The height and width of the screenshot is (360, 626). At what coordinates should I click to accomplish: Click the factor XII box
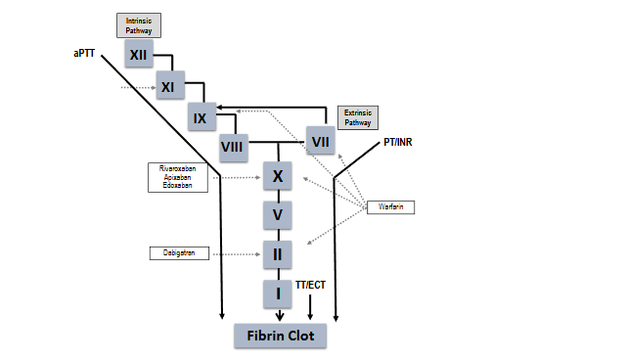[138, 54]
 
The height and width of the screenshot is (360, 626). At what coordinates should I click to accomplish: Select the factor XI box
[167, 86]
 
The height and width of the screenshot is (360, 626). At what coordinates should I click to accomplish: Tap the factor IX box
[201, 118]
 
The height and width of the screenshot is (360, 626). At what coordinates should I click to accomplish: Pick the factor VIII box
[232, 148]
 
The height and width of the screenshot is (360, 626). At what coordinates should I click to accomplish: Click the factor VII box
[320, 141]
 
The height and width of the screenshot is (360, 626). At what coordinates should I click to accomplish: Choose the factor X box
[278, 177]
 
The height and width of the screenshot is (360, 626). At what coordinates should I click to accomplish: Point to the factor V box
[278, 214]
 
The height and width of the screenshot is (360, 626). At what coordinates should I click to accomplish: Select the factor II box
[278, 252]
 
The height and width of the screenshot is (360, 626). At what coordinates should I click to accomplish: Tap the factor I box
[278, 292]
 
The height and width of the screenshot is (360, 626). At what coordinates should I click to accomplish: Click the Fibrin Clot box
[280, 336]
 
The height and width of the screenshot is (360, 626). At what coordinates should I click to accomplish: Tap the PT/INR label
[397, 143]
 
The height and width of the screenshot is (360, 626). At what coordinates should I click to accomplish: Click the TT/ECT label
[311, 284]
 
